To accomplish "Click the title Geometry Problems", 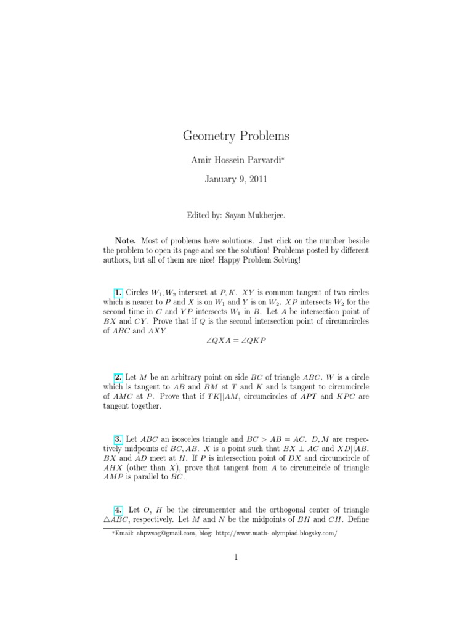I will [236, 136].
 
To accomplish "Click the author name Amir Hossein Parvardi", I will [234, 160].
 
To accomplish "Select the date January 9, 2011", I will [236, 179].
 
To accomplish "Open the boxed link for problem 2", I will [119, 377].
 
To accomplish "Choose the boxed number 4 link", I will [119, 510].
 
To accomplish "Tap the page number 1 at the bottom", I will [236, 558].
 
